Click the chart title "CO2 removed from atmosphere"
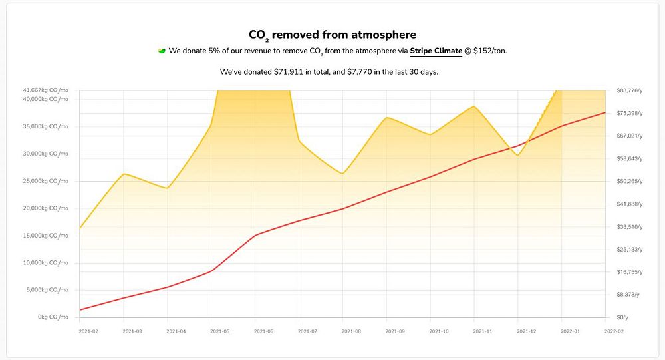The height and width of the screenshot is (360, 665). pyautogui.click(x=332, y=35)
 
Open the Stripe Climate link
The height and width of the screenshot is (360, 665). pyautogui.click(x=436, y=51)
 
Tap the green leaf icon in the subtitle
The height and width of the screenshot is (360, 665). pyautogui.click(x=162, y=51)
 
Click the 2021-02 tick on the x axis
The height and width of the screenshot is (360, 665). pyautogui.click(x=88, y=331)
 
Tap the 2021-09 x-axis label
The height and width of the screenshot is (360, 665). pyautogui.click(x=394, y=331)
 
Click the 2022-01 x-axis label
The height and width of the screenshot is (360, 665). pyautogui.click(x=571, y=331)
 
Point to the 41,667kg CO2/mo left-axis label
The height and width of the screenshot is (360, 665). pyautogui.click(x=46, y=90)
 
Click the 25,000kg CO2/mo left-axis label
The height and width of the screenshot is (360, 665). pyautogui.click(x=46, y=181)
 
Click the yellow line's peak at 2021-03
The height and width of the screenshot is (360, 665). pyautogui.click(x=124, y=174)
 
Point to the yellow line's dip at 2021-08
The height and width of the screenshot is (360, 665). pyautogui.click(x=342, y=174)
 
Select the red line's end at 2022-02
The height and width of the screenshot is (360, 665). pyautogui.click(x=605, y=112)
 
